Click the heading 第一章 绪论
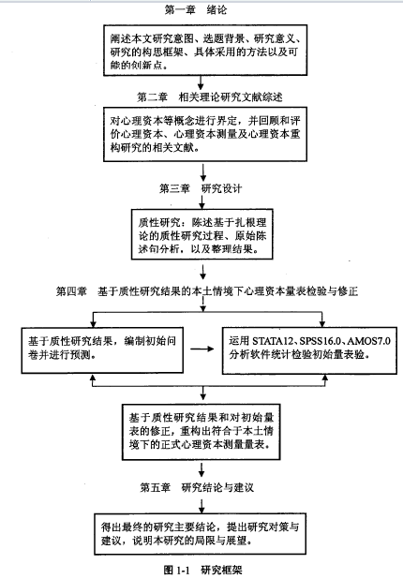click(x=196, y=9)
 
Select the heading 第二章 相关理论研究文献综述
click(x=210, y=97)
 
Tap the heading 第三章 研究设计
click(x=201, y=188)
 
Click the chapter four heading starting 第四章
click(x=207, y=291)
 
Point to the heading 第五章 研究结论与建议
click(x=197, y=487)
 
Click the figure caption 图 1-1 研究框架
click(x=202, y=570)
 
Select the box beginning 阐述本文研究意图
click(x=205, y=51)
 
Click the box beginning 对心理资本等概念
click(x=205, y=134)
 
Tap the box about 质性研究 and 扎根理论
click(x=202, y=234)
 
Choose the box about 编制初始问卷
click(x=102, y=350)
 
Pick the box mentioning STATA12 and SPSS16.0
click(x=309, y=350)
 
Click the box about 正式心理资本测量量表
click(x=201, y=432)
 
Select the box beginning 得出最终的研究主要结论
click(x=200, y=534)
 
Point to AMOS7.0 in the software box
click(x=368, y=340)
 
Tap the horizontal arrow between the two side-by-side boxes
click(x=202, y=349)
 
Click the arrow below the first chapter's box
click(x=201, y=82)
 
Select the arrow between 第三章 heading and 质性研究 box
click(x=202, y=202)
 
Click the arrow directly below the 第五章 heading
click(x=201, y=506)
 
